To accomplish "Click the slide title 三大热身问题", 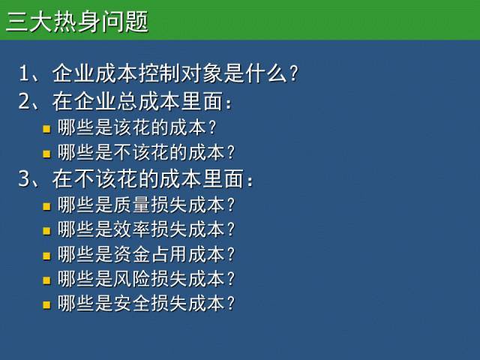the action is pos(77,21).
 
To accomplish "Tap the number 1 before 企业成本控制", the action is pos(23,73).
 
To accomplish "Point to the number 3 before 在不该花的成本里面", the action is pos(24,178).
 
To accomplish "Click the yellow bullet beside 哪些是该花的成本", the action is pos(46,129).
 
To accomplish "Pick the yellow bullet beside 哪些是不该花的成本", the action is pos(46,153).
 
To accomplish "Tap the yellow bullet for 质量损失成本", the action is pos(46,206).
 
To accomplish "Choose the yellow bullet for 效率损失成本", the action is pos(46,230).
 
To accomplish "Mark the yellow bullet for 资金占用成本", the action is pos(46,256).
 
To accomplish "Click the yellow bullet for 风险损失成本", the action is pos(46,280).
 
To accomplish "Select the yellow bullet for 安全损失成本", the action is pos(46,305).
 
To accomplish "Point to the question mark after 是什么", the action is pos(293,73).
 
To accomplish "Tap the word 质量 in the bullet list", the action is pos(131,205).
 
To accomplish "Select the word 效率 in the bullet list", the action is pos(131,229).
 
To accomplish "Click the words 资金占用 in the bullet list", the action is pos(150,254).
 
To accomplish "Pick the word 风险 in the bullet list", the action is pos(131,279).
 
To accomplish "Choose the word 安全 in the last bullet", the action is pos(131,303).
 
